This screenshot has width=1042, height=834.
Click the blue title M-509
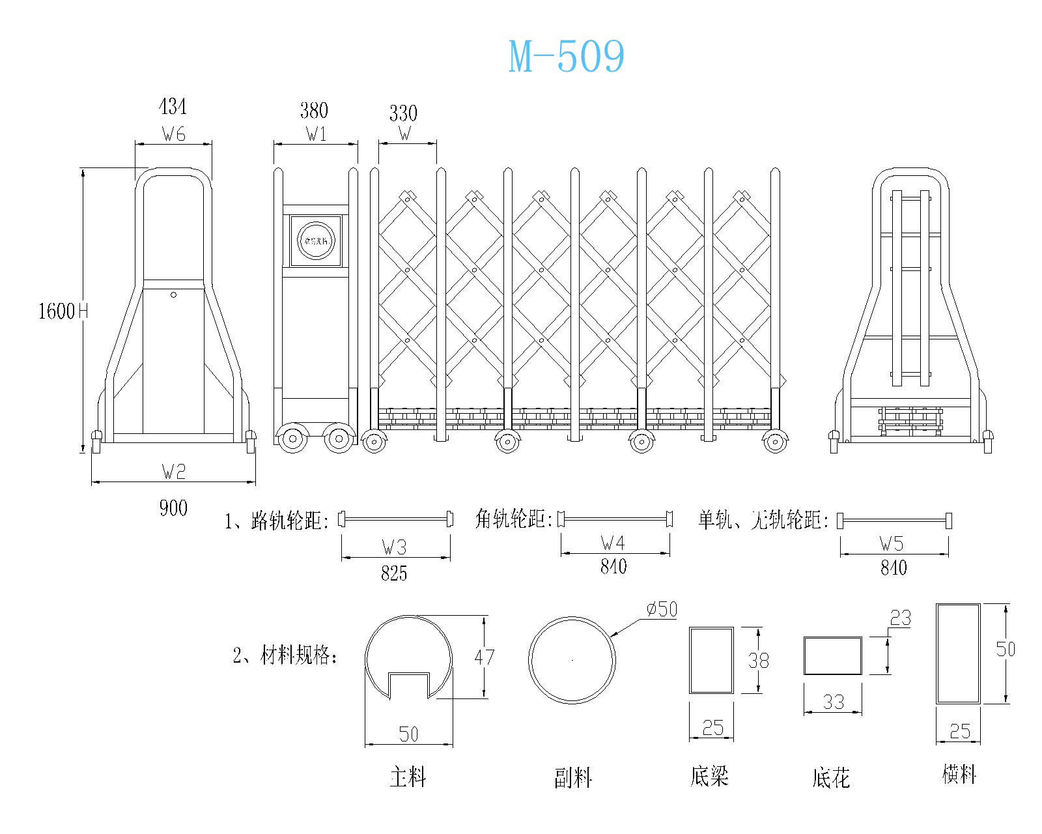pyautogui.click(x=566, y=56)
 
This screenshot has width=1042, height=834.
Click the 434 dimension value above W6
pyautogui.click(x=173, y=106)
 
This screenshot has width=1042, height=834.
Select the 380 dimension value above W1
pyautogui.click(x=314, y=110)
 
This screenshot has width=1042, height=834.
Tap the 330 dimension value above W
pyautogui.click(x=403, y=113)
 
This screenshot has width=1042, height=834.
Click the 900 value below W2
pyautogui.click(x=173, y=508)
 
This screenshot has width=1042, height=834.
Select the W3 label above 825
pyautogui.click(x=394, y=547)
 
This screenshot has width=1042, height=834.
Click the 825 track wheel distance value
pyautogui.click(x=394, y=573)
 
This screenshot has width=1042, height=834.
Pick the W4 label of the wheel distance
pyautogui.click(x=613, y=543)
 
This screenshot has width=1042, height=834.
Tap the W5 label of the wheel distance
pyautogui.click(x=892, y=543)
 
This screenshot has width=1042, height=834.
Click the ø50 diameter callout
pyautogui.click(x=662, y=610)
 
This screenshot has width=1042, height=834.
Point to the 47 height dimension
pyautogui.click(x=484, y=657)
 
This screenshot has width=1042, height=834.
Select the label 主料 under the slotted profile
pyautogui.click(x=408, y=777)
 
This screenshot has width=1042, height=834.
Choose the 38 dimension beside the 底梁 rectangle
pyautogui.click(x=758, y=661)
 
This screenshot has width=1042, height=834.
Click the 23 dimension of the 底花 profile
pyautogui.click(x=900, y=618)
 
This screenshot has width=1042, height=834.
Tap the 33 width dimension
pyautogui.click(x=833, y=702)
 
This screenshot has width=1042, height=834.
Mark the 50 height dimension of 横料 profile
pyautogui.click(x=1005, y=649)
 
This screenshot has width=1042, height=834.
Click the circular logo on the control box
pyautogui.click(x=316, y=241)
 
